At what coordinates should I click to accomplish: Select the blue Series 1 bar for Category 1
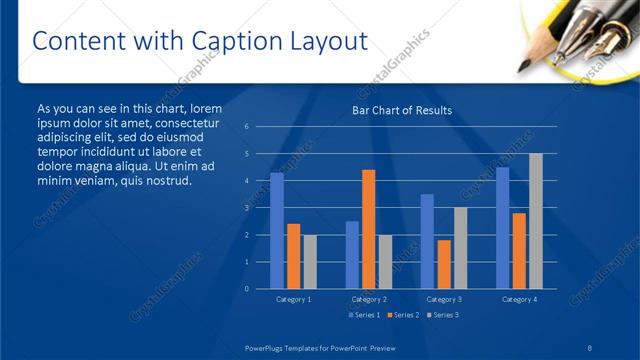point(277,230)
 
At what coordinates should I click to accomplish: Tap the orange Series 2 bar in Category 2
point(368,229)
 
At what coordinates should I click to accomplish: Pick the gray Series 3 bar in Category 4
point(536,221)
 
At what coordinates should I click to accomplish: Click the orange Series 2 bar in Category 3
point(443,264)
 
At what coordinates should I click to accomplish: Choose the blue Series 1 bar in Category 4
point(502,227)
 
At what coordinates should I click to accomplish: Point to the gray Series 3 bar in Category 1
point(309,261)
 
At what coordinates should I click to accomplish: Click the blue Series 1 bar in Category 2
point(352,254)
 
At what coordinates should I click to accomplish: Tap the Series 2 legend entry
point(402,315)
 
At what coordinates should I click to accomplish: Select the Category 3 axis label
point(443,299)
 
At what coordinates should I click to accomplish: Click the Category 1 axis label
point(293,299)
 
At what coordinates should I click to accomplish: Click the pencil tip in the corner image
point(523,68)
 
